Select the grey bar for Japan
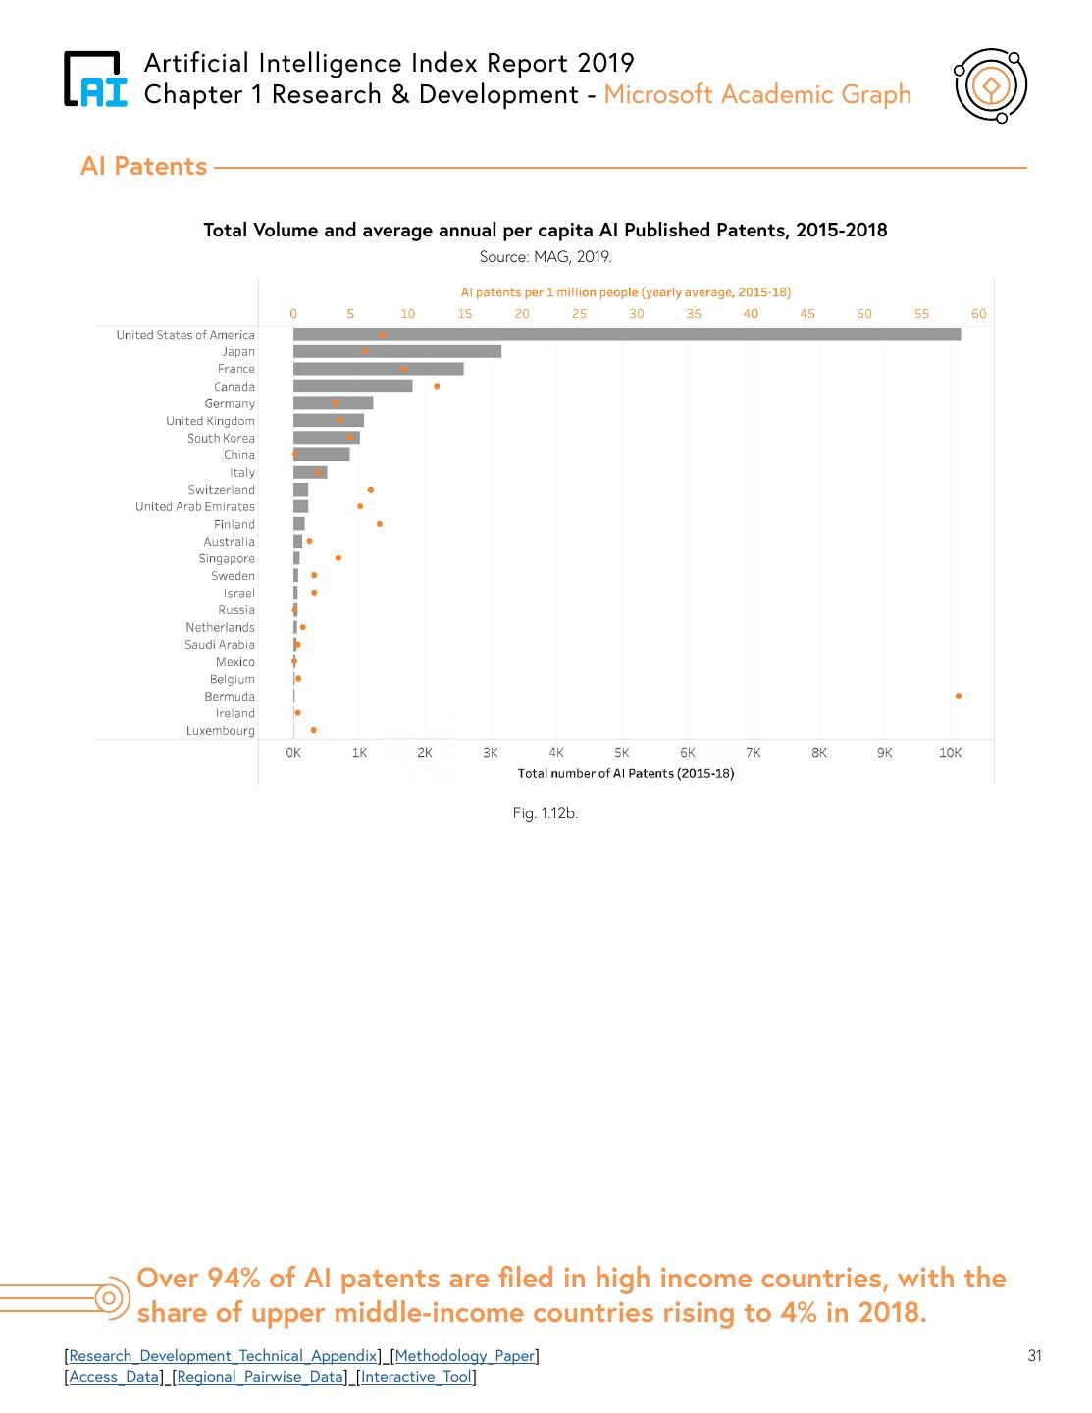(396, 352)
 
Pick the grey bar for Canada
(352, 387)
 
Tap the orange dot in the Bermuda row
(958, 696)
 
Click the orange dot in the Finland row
(379, 524)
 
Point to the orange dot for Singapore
(338, 558)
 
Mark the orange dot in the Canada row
(437, 387)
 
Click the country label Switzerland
(221, 490)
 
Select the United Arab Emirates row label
(194, 507)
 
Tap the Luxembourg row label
(220, 731)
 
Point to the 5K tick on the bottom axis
(622, 753)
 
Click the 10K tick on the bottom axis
(950, 753)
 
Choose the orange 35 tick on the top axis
(694, 314)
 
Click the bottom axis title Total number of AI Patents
(625, 773)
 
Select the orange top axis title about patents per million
(625, 292)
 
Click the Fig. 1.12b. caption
(545, 813)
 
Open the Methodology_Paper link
(464, 1356)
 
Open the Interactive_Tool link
(416, 1377)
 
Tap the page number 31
(1034, 1356)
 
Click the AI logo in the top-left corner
(95, 79)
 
